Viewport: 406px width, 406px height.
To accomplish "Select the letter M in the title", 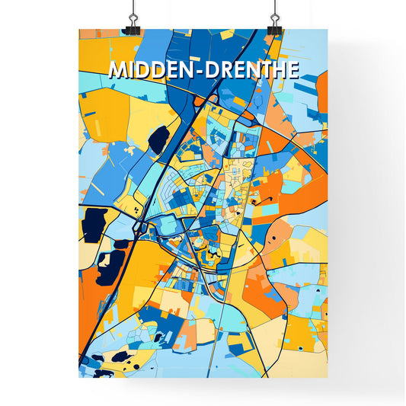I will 117,70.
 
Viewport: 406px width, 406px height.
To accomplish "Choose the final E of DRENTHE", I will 293,70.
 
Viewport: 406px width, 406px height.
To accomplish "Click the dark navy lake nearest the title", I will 159,139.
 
